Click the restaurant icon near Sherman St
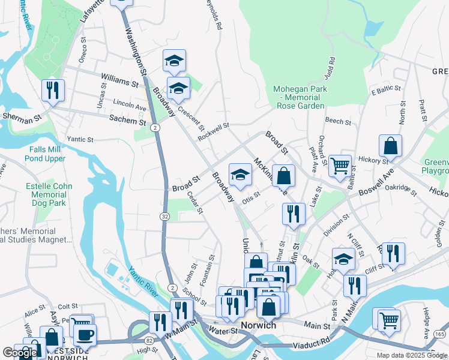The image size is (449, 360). pyautogui.click(x=53, y=91)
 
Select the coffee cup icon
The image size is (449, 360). pyautogui.click(x=85, y=334)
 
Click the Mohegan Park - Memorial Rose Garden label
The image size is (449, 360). pyautogui.click(x=300, y=97)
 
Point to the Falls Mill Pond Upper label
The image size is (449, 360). pyautogui.click(x=45, y=154)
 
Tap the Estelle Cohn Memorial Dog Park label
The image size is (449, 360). pyautogui.click(x=49, y=195)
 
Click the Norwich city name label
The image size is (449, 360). pyautogui.click(x=258, y=326)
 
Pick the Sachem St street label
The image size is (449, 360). pyautogui.click(x=127, y=121)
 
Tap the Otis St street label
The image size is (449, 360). pyautogui.click(x=250, y=196)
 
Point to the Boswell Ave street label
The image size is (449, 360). pyautogui.click(x=376, y=184)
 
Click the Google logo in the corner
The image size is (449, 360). pyautogui.click(x=20, y=353)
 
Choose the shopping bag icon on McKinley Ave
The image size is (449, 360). pyautogui.click(x=285, y=176)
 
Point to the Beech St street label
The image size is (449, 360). pyautogui.click(x=338, y=121)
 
